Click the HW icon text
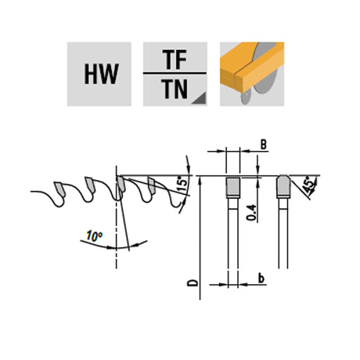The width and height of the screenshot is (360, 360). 101,74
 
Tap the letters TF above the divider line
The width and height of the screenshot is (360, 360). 175,59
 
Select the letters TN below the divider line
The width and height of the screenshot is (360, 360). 175,88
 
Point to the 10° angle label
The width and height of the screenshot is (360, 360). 95,236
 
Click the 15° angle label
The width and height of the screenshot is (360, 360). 183,185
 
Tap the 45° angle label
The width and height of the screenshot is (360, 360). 309,185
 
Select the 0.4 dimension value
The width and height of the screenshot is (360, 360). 251,213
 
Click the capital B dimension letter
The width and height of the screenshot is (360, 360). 264,144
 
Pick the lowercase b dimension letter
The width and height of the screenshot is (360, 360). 261,279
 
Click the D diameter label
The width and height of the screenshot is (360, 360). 193,283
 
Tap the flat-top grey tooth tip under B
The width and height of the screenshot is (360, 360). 232,188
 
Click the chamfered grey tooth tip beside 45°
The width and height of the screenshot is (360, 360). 283,186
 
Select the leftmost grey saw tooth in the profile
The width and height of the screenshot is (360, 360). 59,188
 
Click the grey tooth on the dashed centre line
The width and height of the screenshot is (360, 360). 121,184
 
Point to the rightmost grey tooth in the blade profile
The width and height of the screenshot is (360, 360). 152,185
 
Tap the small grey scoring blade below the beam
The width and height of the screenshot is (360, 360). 245,97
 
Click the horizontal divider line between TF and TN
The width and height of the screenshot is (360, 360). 175,74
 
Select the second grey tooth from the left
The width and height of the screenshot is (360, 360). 90,185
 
